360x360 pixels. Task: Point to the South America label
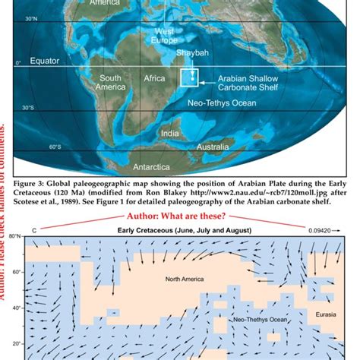tap(111, 82)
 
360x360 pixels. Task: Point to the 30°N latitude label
tap(31, 18)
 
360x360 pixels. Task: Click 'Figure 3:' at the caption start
tap(36, 183)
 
